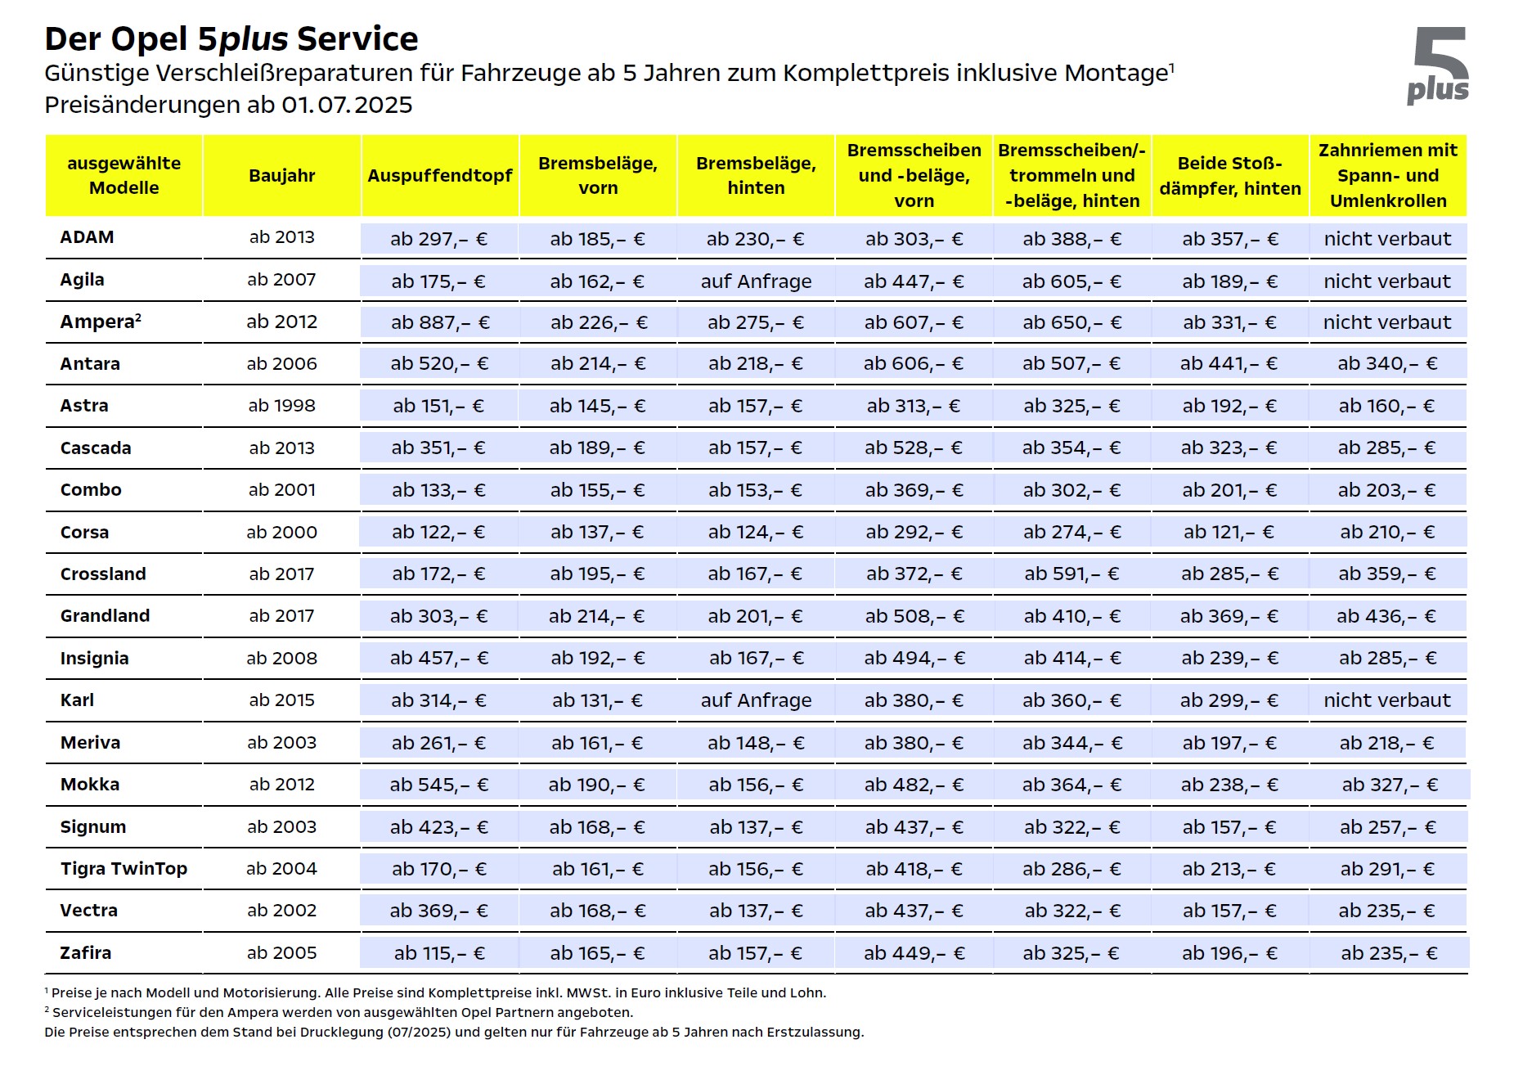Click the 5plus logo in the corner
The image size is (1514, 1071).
click(1438, 65)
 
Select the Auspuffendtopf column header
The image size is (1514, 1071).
click(440, 175)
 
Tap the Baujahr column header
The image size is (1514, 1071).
click(282, 175)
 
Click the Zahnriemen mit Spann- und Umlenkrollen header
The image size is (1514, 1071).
click(1388, 175)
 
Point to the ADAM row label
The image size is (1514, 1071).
click(87, 237)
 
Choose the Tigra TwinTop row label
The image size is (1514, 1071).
click(124, 869)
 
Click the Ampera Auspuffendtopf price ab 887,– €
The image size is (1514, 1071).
click(440, 322)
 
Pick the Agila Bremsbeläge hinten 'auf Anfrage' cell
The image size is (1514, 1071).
click(756, 281)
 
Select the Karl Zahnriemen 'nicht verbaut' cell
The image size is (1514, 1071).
click(1387, 700)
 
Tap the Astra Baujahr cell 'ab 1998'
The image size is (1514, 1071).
click(281, 406)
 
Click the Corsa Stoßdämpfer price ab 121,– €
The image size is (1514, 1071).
click(1229, 533)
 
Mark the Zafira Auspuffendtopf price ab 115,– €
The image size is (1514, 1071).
click(439, 953)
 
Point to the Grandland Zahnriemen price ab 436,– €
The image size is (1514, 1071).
click(1386, 616)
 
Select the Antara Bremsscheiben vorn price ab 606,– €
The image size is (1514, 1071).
click(914, 364)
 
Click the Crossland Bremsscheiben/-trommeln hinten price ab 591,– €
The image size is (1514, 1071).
click(1071, 574)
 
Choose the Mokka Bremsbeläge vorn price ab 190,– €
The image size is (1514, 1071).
click(597, 785)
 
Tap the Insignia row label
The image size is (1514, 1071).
click(94, 659)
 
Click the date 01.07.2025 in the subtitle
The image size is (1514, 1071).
click(347, 105)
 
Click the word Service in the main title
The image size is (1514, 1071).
click(357, 39)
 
